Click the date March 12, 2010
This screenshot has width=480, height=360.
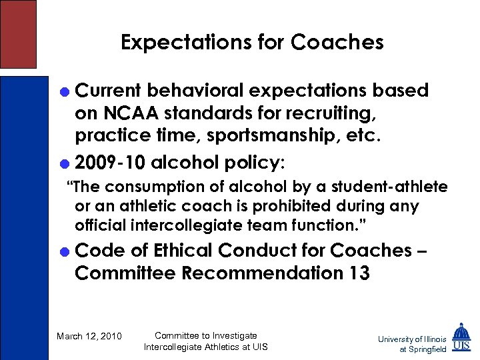[89, 336]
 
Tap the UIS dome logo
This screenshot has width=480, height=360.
[461, 338]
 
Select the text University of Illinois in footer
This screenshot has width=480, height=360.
[412, 339]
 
